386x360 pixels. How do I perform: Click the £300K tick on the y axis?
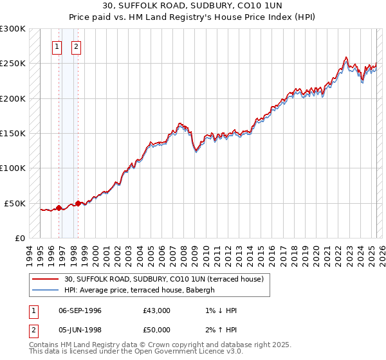[14, 29]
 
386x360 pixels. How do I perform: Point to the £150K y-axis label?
[14, 134]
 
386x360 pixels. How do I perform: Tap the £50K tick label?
[16, 203]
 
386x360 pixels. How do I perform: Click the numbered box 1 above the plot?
[57, 46]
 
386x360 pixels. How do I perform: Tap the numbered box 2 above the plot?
[76, 46]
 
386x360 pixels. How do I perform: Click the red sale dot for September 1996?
[59, 208]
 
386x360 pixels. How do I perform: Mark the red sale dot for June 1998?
[78, 203]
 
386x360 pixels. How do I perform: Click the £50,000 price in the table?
[157, 330]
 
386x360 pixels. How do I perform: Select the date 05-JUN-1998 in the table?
[80, 330]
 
